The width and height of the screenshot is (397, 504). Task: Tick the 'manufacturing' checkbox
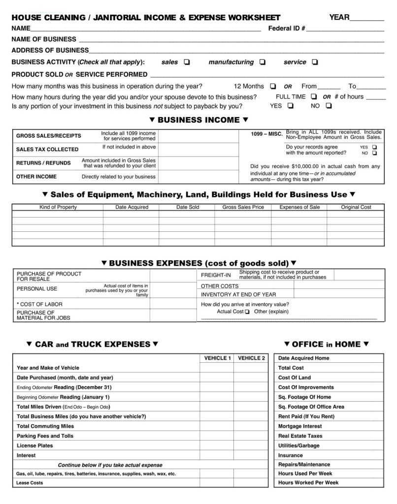pyautogui.click(x=262, y=63)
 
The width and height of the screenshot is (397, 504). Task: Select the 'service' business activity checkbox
pyautogui.click(x=315, y=63)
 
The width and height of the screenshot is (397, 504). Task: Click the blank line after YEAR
pyautogui.click(x=367, y=19)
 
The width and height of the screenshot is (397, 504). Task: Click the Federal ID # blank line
pyautogui.click(x=345, y=29)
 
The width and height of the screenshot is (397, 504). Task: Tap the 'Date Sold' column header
pyautogui.click(x=188, y=207)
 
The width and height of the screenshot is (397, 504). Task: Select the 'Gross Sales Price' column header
pyautogui.click(x=243, y=207)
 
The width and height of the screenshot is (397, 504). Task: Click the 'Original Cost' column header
pyautogui.click(x=356, y=207)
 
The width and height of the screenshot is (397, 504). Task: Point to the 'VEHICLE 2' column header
pyautogui.click(x=251, y=358)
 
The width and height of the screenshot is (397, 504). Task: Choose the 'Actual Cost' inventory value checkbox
pyautogui.click(x=247, y=312)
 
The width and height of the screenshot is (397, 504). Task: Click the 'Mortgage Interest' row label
pyautogui.click(x=299, y=426)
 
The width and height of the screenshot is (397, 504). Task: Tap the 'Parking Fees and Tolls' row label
pyautogui.click(x=45, y=436)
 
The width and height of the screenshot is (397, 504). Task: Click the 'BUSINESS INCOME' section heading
pyautogui.click(x=198, y=120)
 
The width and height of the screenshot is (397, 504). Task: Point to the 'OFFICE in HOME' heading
pyautogui.click(x=326, y=344)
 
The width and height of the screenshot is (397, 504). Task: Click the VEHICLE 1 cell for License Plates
pyautogui.click(x=217, y=446)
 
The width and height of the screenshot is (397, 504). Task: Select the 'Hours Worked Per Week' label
pyautogui.click(x=308, y=483)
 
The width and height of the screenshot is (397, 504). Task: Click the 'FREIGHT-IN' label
pyautogui.click(x=216, y=275)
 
